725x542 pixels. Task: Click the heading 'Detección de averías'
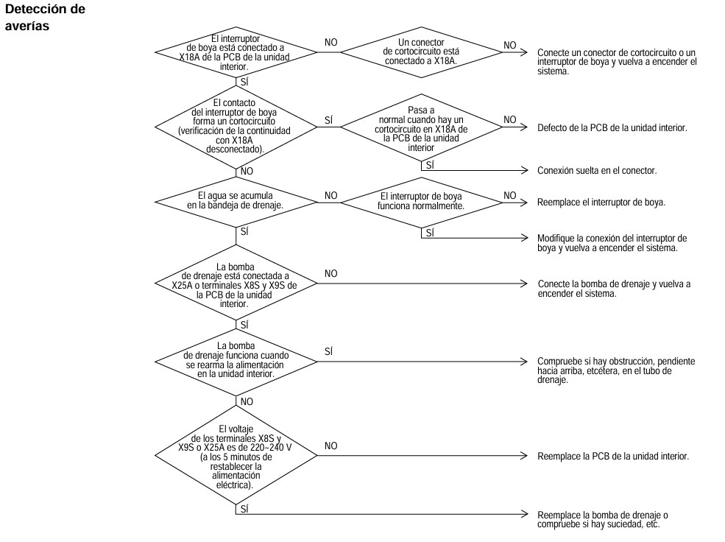coord(45,18)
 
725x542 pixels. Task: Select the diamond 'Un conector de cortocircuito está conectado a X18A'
coord(421,52)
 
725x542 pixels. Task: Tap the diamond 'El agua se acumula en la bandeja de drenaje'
coord(236,202)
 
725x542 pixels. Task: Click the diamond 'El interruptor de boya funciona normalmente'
coord(421,202)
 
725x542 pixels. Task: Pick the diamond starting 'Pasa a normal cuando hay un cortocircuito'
coord(421,127)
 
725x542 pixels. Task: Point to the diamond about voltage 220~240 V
coord(236,456)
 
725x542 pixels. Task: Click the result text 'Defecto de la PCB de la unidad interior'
coord(612,128)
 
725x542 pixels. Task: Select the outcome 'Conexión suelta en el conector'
coord(597,171)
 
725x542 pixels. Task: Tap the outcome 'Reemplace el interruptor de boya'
coord(601,203)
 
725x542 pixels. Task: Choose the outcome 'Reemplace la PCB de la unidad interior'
coord(613,457)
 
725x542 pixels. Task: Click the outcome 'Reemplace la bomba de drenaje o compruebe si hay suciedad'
coord(603,519)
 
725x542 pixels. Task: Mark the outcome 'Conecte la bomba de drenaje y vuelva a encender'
coord(614,289)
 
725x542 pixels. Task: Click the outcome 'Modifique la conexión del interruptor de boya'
coord(612,243)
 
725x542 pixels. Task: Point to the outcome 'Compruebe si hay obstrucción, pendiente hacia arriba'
coord(616,370)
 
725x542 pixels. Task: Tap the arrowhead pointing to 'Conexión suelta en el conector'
coord(524,170)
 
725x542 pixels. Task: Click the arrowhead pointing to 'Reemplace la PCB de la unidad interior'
coord(524,456)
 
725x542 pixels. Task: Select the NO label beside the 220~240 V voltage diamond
coord(331,446)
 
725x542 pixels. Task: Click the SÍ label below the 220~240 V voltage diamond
coord(244,509)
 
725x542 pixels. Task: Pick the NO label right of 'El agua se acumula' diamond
coord(331,196)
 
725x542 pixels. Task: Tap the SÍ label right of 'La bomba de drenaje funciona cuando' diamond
coord(329,351)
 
